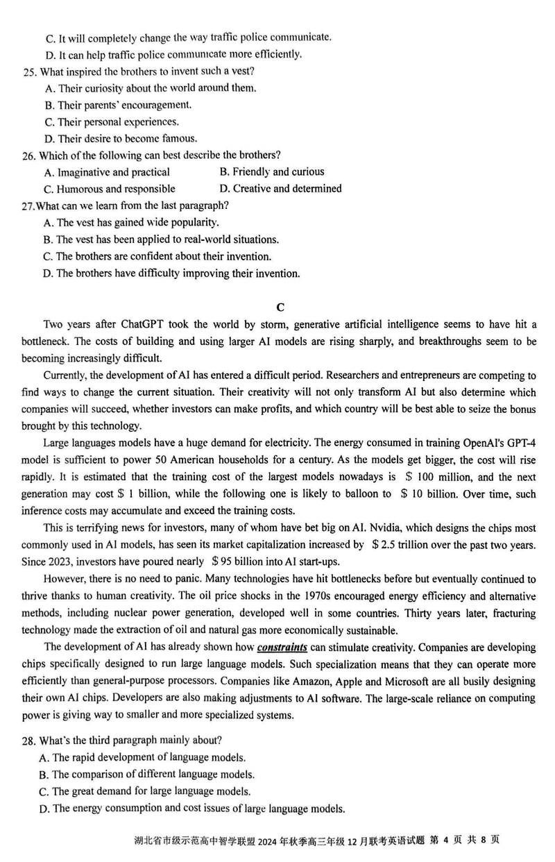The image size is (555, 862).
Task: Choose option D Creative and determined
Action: click(280, 189)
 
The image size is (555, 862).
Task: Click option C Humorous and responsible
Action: click(109, 189)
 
